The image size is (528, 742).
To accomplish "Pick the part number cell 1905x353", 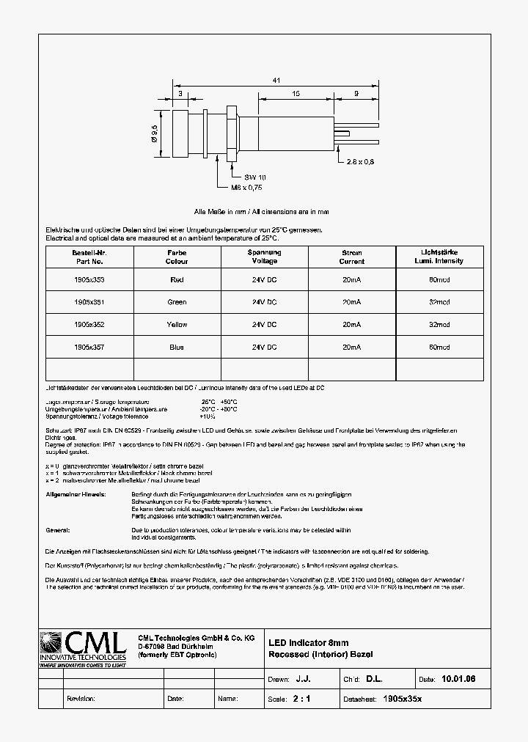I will click(x=89, y=279).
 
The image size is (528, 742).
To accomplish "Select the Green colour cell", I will click(x=177, y=302).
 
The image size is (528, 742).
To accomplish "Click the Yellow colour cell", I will click(x=177, y=324).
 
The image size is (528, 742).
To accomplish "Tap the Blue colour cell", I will click(x=177, y=347).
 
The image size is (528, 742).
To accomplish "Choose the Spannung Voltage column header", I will click(x=264, y=257).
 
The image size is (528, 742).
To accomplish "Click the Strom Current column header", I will click(x=351, y=257).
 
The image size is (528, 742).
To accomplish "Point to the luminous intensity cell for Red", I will click(x=439, y=279).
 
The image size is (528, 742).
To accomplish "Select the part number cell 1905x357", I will click(x=89, y=347).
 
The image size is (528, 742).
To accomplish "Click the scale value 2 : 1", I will click(x=301, y=699).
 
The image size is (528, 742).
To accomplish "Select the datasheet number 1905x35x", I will click(x=403, y=699).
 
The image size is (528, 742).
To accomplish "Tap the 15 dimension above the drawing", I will click(x=294, y=94).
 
